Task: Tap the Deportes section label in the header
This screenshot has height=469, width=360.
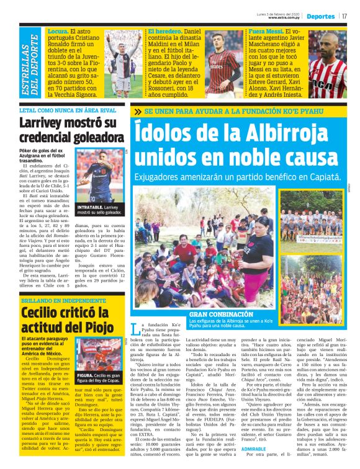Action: point(321,16)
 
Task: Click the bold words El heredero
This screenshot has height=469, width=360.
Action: point(163,30)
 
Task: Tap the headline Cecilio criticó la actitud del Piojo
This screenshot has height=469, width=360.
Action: point(67,319)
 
